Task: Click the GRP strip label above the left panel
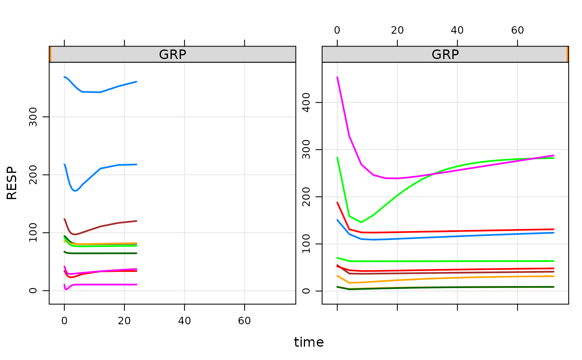click(x=173, y=54)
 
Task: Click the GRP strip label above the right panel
click(x=445, y=54)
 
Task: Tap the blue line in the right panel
click(x=457, y=236)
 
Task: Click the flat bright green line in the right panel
click(x=457, y=261)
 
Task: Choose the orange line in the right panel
click(x=457, y=278)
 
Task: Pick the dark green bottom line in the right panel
click(x=457, y=287)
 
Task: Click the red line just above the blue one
click(x=457, y=231)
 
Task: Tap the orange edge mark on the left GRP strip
click(x=50, y=54)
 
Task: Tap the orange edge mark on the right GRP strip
click(x=567, y=54)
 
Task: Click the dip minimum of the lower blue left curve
click(x=75, y=191)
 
